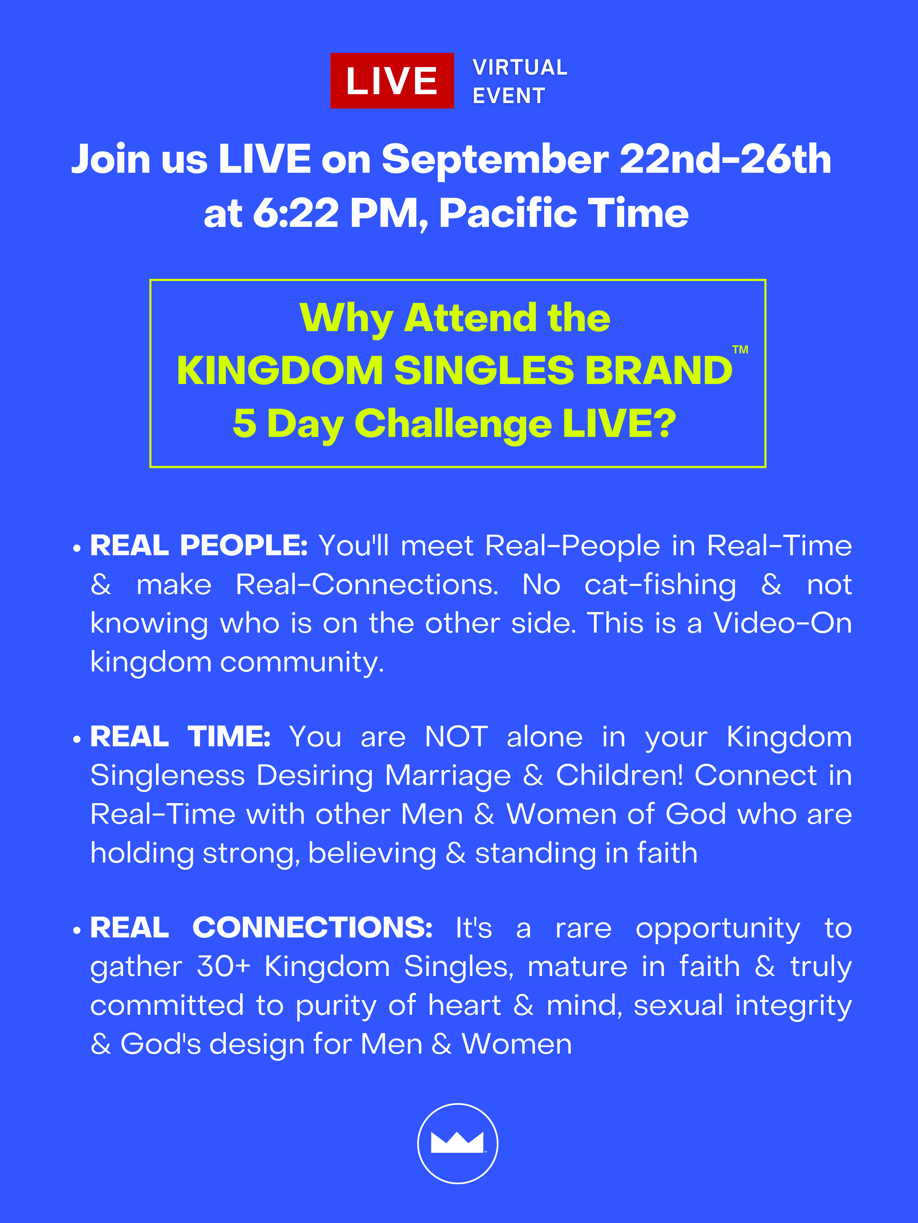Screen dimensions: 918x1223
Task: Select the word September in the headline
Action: point(495,160)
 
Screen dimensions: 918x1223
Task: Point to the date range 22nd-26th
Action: point(726,159)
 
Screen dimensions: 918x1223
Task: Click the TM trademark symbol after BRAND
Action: point(741,349)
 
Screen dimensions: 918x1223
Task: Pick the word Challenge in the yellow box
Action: point(453,424)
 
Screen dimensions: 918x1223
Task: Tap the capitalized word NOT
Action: point(457,737)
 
